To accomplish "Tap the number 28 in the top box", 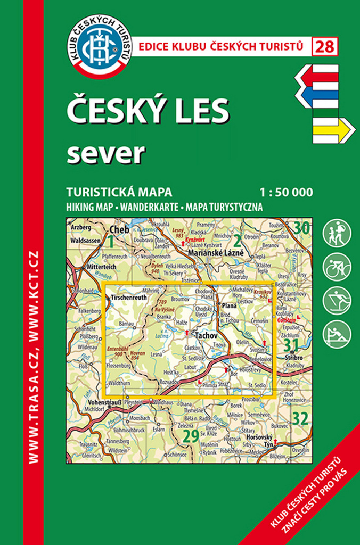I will [x=325, y=47].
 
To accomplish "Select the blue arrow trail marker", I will [x=318, y=95].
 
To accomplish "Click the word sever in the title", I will [x=106, y=152].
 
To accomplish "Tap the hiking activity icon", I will [x=337, y=233].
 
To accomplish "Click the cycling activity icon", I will [x=337, y=266].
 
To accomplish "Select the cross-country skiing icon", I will [x=337, y=300].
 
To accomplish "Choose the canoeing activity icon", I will [x=337, y=333].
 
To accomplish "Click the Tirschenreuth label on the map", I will [x=126, y=299].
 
